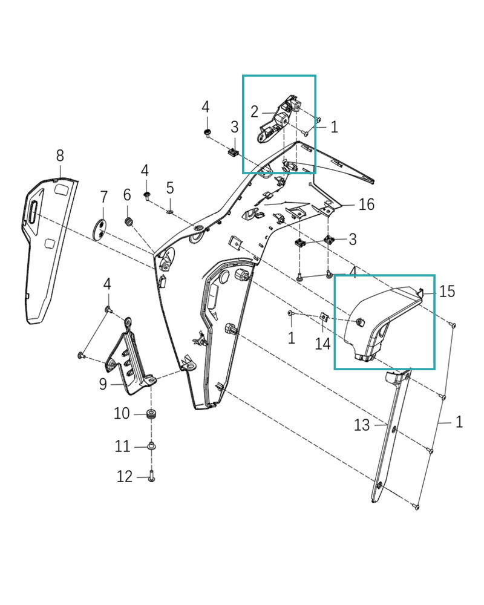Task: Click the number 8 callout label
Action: tap(60, 155)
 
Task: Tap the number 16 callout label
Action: tap(367, 204)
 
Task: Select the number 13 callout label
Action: tap(361, 425)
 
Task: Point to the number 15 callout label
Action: tap(447, 292)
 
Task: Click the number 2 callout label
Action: tap(254, 111)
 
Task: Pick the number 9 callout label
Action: tap(103, 383)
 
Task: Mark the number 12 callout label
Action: tap(125, 477)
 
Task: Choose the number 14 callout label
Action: tap(322, 344)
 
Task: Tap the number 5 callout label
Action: tap(170, 188)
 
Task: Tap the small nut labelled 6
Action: tap(128, 221)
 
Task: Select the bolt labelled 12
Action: tap(151, 477)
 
